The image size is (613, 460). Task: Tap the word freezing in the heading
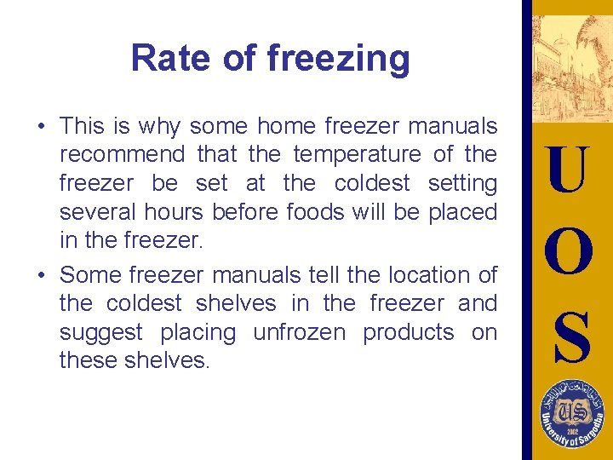point(338,60)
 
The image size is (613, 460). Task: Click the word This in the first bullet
point(82,126)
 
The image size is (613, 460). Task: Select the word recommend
point(122,154)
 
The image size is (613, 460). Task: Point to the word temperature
point(357,154)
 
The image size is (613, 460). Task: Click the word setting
point(462,183)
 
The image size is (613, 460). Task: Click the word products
point(409,332)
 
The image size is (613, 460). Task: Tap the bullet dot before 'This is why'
point(41,127)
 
